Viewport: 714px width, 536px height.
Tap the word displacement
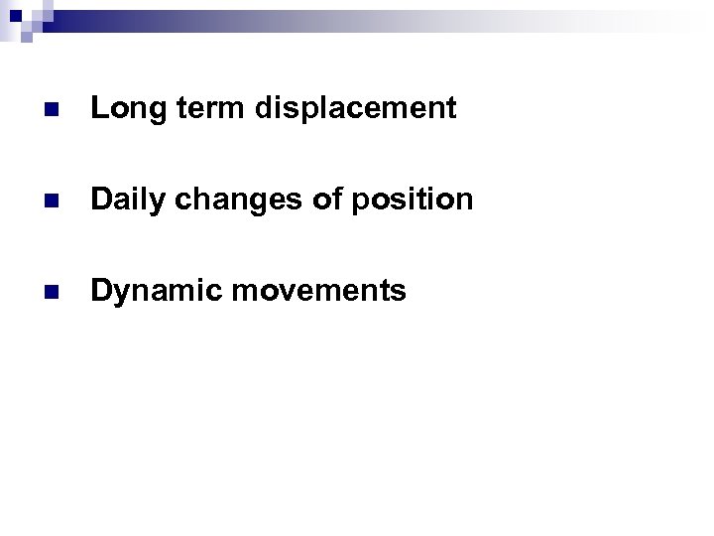[x=355, y=108]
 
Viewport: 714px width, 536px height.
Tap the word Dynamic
[x=146, y=291]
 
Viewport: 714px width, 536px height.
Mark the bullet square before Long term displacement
[x=52, y=109]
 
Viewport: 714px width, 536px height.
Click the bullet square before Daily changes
[x=52, y=201]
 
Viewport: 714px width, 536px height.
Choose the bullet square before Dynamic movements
[x=52, y=292]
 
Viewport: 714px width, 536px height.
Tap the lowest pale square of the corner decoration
[x=27, y=38]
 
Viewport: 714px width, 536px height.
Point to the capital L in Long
[x=98, y=108]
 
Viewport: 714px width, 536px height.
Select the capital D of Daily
[x=100, y=200]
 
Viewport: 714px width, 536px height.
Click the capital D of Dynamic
[x=100, y=291]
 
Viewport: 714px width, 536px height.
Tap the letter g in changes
[x=246, y=201]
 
